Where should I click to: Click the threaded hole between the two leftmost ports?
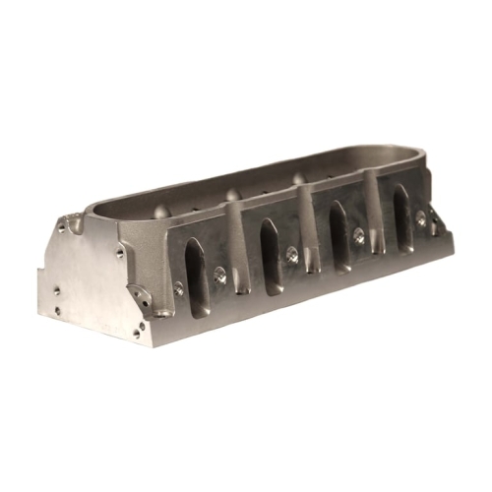[x=219, y=276]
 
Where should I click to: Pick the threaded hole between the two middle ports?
[x=292, y=254]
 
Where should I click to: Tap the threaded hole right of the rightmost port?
[x=421, y=219]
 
